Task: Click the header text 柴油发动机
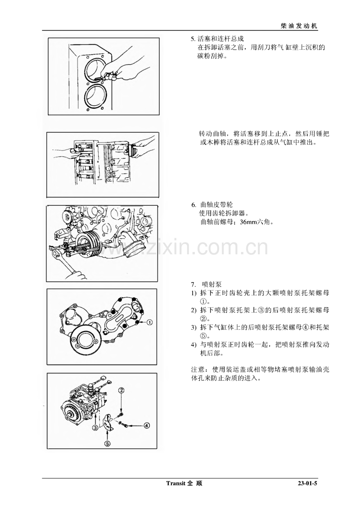point(299,26)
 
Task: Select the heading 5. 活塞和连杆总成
point(217,39)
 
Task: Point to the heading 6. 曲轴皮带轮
point(212,205)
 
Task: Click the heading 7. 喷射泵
point(206,284)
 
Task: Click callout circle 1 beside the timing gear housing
point(149,322)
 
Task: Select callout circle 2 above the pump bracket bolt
point(122,390)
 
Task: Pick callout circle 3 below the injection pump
point(95,428)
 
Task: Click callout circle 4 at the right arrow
point(147,425)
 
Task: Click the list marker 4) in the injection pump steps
point(193,345)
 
